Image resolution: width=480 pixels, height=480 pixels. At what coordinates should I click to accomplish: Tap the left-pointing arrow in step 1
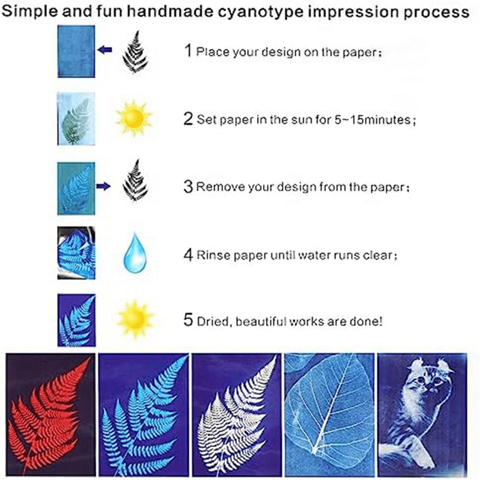pos(104,50)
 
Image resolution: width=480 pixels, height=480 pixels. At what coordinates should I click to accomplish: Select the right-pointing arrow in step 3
pos(103,186)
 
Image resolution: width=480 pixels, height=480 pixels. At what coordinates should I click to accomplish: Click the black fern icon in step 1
pos(135,52)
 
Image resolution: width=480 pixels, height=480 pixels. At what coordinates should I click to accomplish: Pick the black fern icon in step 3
pos(135,180)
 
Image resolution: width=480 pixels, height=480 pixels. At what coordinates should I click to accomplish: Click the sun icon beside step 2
pos(134,118)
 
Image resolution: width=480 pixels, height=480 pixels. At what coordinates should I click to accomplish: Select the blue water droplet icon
pos(135,252)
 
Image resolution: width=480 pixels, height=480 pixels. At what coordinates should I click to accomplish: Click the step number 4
pos(188,255)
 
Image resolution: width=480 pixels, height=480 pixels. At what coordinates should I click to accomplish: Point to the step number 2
pos(188,119)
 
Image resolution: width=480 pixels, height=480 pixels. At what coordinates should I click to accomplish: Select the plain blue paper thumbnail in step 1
pos(76,51)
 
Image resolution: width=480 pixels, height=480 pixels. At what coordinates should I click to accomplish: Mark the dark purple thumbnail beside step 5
pos(76,320)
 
